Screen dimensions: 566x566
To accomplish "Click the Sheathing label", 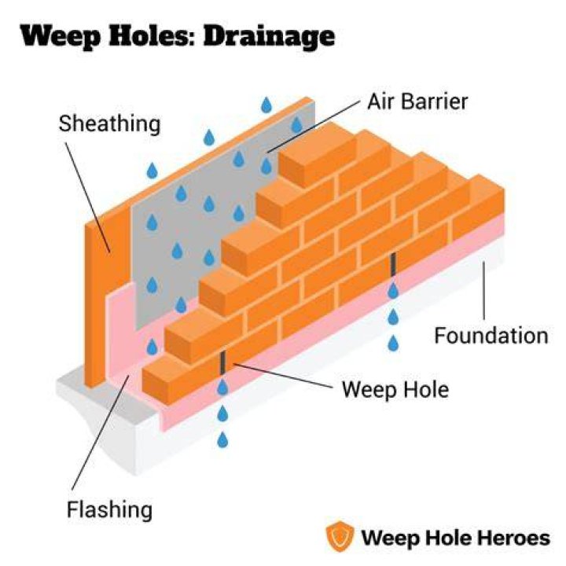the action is [x=109, y=124].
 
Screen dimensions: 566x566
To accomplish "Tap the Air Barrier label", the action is [x=417, y=101].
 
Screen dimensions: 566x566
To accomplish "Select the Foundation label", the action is [x=491, y=336].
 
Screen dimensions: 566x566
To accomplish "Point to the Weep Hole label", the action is [x=395, y=389].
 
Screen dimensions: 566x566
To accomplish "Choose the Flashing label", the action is [x=110, y=510].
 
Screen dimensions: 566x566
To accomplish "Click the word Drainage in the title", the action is [x=270, y=36].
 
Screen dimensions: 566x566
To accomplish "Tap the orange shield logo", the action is [x=340, y=535].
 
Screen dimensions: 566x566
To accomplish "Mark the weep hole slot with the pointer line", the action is [x=222, y=363].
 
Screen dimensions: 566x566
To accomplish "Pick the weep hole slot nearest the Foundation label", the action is [x=393, y=264].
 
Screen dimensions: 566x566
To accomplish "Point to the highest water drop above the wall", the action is [x=266, y=105].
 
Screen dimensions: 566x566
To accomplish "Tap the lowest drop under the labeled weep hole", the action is [x=222, y=439].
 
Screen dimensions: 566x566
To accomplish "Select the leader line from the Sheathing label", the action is [x=88, y=197].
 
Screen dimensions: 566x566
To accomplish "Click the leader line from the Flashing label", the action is [x=101, y=432].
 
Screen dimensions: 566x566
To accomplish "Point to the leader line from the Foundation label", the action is [x=484, y=291].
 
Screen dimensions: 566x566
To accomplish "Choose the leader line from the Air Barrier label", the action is [x=314, y=127].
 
